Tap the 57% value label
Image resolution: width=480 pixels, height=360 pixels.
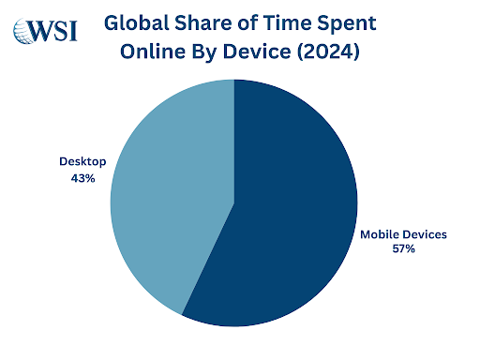click(404, 249)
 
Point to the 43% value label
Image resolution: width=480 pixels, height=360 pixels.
click(82, 178)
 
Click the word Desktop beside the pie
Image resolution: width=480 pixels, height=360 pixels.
click(82, 162)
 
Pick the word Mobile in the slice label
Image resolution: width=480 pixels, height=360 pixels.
click(380, 233)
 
